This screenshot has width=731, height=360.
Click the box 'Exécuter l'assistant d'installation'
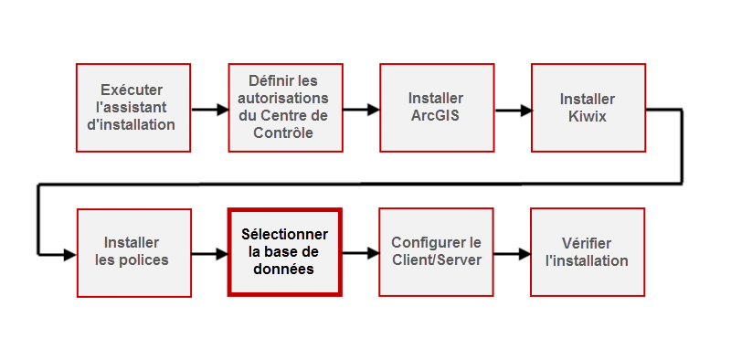click(133, 107)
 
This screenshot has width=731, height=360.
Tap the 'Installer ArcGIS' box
click(436, 107)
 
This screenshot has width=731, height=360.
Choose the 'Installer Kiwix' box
click(588, 107)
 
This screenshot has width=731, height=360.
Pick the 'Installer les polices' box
click(133, 251)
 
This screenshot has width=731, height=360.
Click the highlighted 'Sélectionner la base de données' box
click(284, 251)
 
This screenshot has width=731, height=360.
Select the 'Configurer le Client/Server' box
click(436, 251)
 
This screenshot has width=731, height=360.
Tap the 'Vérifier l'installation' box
click(588, 251)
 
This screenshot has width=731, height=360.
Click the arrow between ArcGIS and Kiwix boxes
click(513, 110)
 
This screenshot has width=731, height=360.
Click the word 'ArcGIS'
click(436, 116)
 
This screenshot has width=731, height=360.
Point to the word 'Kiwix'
click(588, 116)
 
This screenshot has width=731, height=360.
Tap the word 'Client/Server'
click(436, 260)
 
